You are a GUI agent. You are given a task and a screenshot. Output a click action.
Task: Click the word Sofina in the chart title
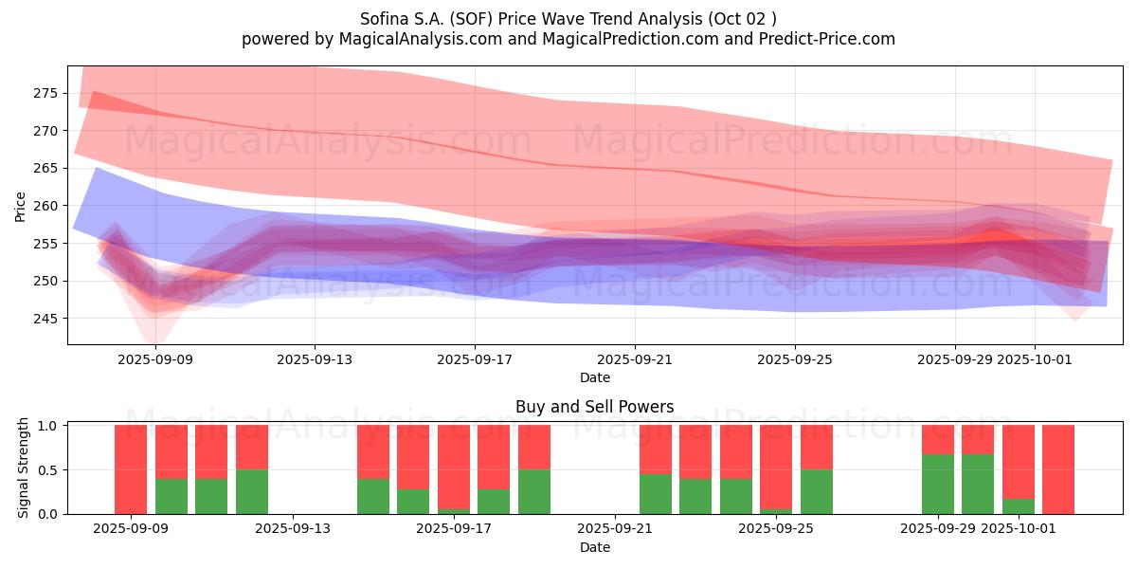tap(385, 19)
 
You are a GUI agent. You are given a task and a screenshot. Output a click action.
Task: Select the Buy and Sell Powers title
tap(594, 407)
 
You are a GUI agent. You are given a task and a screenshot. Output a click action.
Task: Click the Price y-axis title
tap(21, 206)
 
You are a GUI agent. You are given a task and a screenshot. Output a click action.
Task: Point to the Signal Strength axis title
tap(24, 468)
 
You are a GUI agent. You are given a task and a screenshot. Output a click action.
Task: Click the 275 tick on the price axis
tap(45, 93)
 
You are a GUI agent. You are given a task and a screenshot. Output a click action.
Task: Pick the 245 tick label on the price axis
tap(45, 319)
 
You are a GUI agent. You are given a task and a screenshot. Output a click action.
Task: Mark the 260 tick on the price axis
tap(45, 206)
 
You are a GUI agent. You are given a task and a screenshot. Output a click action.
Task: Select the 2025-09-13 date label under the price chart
tap(315, 359)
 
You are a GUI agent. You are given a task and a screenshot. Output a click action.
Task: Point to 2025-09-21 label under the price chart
tap(634, 359)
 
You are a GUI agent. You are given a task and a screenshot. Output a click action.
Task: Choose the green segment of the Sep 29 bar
tap(938, 484)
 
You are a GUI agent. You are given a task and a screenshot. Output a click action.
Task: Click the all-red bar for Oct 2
tap(1058, 469)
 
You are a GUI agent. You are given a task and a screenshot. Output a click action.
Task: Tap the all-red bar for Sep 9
tap(131, 469)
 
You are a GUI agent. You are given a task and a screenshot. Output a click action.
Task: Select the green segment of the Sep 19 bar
tap(534, 491)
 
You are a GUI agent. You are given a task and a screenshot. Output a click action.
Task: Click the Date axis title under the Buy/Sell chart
tap(594, 547)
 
